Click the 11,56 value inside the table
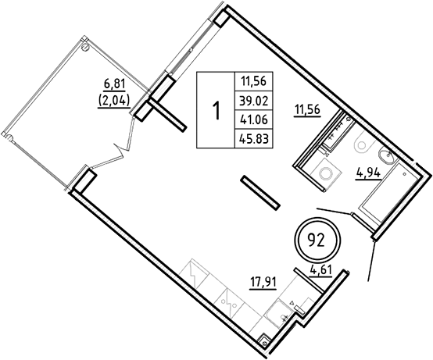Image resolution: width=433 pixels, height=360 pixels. click(252, 80)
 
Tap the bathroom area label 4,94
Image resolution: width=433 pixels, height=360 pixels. click(368, 173)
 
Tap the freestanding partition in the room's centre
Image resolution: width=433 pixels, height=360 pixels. click(259, 193)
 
